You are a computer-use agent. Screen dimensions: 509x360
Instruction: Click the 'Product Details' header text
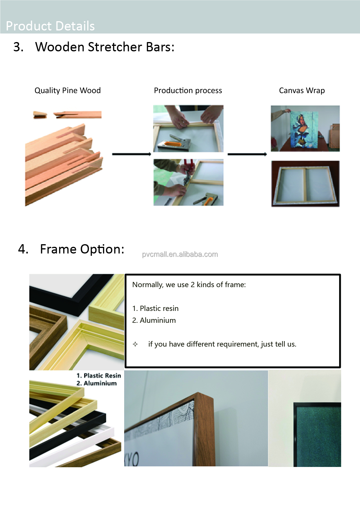50,26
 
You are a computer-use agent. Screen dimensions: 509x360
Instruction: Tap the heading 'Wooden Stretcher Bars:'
105,47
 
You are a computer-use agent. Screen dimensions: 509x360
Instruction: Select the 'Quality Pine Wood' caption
68,90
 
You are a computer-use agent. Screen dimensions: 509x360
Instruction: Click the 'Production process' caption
188,90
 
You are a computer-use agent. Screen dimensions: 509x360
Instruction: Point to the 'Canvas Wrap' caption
302,90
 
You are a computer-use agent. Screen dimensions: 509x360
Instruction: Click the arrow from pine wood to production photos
131,154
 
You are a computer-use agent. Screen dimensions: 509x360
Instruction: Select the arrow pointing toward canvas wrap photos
247,154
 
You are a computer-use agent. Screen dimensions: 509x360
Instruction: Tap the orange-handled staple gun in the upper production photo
174,143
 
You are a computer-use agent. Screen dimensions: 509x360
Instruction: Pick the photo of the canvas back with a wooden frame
305,184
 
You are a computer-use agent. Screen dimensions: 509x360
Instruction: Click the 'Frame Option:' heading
82,249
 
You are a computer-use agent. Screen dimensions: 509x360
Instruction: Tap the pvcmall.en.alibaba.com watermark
180,254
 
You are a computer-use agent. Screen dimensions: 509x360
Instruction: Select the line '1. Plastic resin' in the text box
155,308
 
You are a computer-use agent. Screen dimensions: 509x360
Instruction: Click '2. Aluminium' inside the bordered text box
154,320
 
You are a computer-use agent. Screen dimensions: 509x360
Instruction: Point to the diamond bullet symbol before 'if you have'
135,344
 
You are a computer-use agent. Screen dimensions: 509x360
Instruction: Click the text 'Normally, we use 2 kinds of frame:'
189,285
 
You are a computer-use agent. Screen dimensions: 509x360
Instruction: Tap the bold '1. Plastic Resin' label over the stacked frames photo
99,375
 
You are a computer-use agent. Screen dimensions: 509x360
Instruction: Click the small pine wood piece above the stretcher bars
40,115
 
